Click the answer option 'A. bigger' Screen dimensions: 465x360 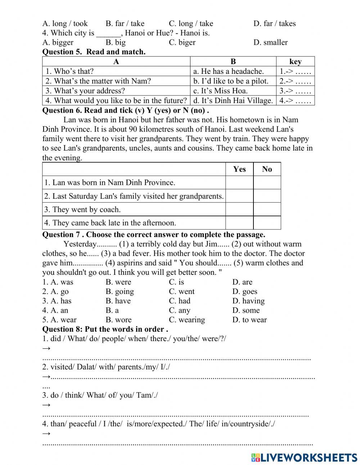coord(58,43)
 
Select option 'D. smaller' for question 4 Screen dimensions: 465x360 coord(270,43)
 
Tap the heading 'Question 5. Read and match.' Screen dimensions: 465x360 coord(94,52)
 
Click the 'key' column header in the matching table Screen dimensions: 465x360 coord(295,62)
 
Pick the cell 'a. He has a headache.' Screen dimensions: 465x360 coord(228,71)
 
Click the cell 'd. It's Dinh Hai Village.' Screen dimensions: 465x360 coord(233,100)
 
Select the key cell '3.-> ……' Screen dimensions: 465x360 coord(295,91)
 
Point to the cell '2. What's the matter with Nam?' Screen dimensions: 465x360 coord(98,81)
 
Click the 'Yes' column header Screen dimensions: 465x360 coord(239,169)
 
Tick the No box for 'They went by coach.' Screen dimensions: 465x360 coord(267,209)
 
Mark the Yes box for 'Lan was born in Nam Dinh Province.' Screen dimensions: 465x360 coord(239,183)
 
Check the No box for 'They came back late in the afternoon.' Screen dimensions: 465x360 coord(267,223)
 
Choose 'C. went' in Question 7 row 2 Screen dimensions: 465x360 coord(181,292)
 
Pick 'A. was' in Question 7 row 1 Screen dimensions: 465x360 coord(58,282)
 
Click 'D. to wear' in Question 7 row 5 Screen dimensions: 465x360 coord(249,320)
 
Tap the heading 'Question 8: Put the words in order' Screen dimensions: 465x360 coord(105,329)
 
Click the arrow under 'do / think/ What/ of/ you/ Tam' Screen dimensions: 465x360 coord(46,405)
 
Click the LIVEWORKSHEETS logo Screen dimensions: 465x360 coord(304,457)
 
